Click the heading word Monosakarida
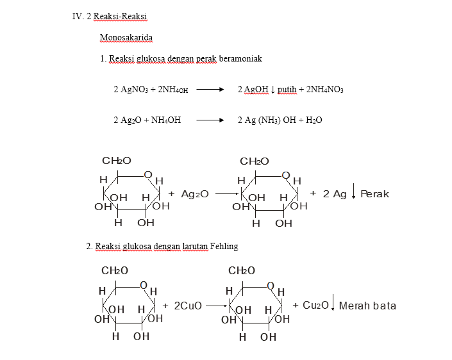click(x=126, y=37)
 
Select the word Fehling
click(x=224, y=246)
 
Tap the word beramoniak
click(x=240, y=58)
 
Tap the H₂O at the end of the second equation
click(x=314, y=120)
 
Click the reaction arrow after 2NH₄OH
click(x=210, y=90)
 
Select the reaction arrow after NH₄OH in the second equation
click(x=210, y=120)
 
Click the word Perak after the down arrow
click(x=374, y=193)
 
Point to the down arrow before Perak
click(x=354, y=192)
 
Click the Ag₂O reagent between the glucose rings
click(x=194, y=193)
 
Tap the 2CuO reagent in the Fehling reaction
click(x=187, y=306)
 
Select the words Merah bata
click(x=367, y=306)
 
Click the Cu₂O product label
click(x=315, y=306)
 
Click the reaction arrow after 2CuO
click(x=217, y=306)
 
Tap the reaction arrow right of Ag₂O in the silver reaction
click(x=226, y=193)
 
